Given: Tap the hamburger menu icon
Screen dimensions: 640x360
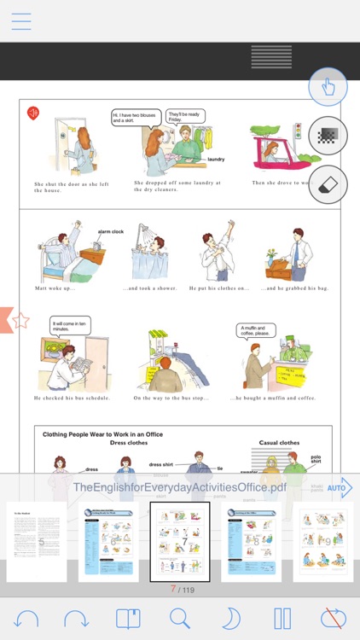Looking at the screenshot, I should click(21, 21).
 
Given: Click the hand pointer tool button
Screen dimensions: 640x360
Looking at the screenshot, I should click(328, 87).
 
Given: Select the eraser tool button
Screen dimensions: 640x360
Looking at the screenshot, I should click(328, 183).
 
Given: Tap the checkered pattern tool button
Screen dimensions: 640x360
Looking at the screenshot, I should click(328, 136).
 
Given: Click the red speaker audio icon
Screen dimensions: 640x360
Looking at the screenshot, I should click(33, 113).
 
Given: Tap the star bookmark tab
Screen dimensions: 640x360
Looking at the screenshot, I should click(19, 321).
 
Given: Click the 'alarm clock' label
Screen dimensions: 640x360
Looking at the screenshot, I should click(111, 231).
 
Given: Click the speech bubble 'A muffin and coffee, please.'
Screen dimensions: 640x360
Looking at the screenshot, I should click(254, 330).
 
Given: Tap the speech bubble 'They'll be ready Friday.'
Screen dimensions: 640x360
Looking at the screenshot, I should click(184, 117).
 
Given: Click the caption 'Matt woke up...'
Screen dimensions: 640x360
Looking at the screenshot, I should click(55, 288).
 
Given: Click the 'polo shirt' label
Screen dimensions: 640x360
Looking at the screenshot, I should click(316, 461).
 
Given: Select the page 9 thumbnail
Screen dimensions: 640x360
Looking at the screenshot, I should click(323, 541).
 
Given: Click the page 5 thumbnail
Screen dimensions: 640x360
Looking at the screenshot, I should click(37, 541).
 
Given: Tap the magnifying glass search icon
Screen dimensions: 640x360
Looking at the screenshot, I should click(180, 618).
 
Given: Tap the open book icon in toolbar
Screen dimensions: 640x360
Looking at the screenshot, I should click(128, 618).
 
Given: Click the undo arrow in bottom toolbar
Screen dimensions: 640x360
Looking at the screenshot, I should click(26, 618).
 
